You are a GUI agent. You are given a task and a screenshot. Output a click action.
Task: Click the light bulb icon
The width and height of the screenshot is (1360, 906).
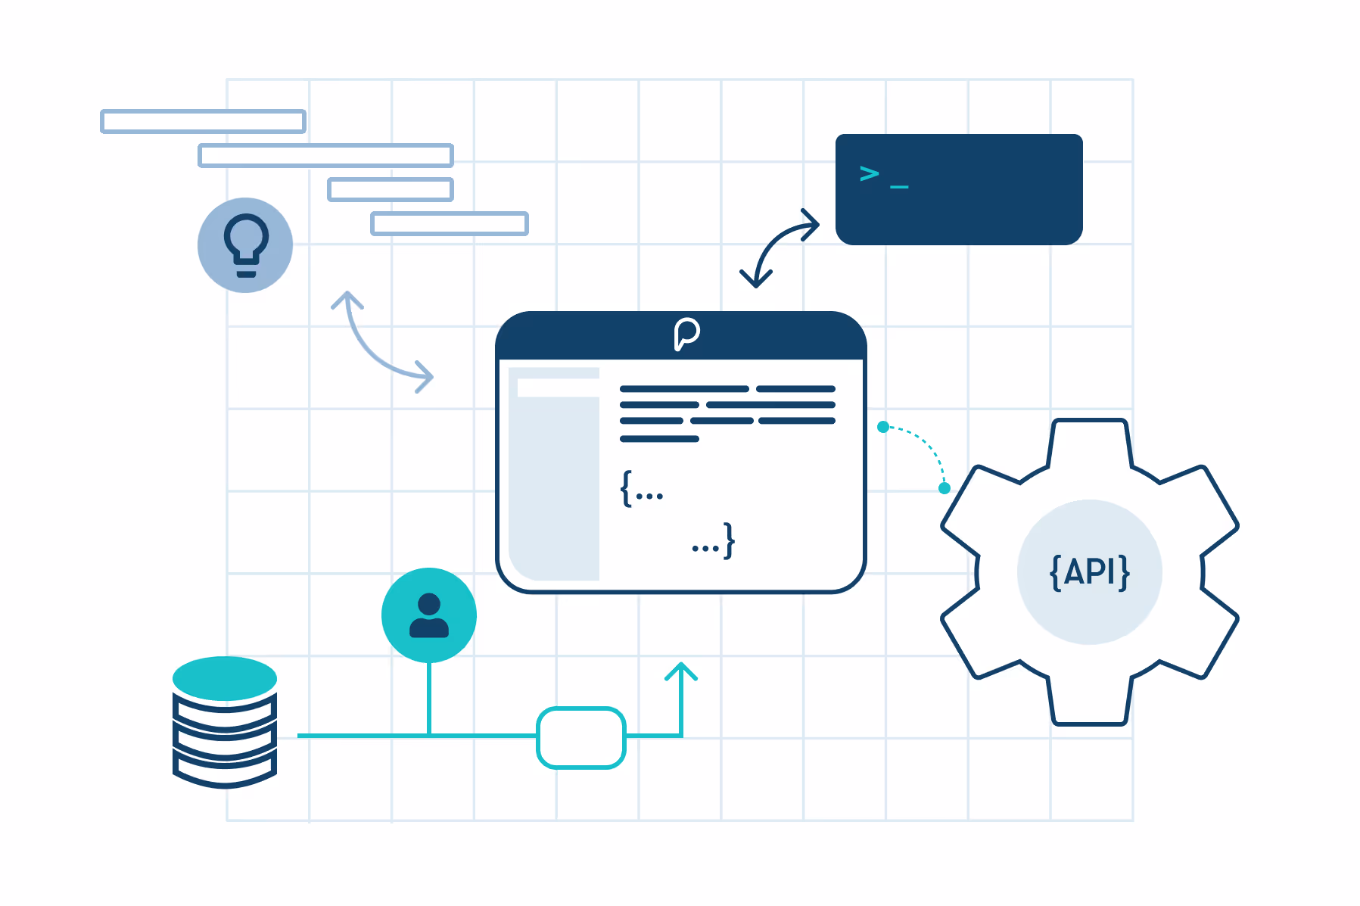click(246, 245)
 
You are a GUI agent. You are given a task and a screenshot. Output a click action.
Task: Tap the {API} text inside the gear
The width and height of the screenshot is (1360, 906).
click(1090, 571)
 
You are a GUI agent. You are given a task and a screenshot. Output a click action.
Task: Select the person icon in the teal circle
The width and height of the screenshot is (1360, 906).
click(429, 615)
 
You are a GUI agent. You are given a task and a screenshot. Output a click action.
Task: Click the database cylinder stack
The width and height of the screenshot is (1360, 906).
click(225, 722)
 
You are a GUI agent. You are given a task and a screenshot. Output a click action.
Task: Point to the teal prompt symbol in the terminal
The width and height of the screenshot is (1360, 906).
click(870, 174)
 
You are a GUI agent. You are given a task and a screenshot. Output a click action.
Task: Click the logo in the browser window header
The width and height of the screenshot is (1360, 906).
click(686, 334)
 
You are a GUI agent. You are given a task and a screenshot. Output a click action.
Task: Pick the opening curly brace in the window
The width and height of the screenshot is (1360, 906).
click(627, 488)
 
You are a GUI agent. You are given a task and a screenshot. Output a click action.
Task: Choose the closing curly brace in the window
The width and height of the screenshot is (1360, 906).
click(728, 540)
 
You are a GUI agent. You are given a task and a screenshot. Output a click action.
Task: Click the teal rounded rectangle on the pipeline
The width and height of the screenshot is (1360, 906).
click(581, 737)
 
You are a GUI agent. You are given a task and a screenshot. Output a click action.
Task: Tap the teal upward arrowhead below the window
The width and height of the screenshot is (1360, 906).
click(681, 670)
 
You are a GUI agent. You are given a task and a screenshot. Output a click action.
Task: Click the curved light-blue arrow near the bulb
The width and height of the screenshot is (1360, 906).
click(370, 347)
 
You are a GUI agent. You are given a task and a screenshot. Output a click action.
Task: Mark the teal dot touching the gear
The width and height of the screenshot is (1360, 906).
click(945, 488)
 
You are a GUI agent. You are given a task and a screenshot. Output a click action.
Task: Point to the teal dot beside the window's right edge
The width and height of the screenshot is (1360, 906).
click(883, 427)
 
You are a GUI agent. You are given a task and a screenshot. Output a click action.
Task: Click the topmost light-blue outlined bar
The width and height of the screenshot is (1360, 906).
click(203, 121)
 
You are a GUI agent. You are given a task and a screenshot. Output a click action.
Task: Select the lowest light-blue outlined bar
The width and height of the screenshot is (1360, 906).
click(449, 223)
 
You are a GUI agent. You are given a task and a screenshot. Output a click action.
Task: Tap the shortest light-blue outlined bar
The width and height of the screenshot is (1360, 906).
click(391, 189)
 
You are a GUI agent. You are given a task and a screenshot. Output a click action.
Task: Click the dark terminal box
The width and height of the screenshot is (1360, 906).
click(959, 189)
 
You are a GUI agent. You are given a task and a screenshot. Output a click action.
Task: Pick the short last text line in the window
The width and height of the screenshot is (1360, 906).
click(659, 439)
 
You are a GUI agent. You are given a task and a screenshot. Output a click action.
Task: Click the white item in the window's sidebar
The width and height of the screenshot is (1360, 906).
click(558, 388)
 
